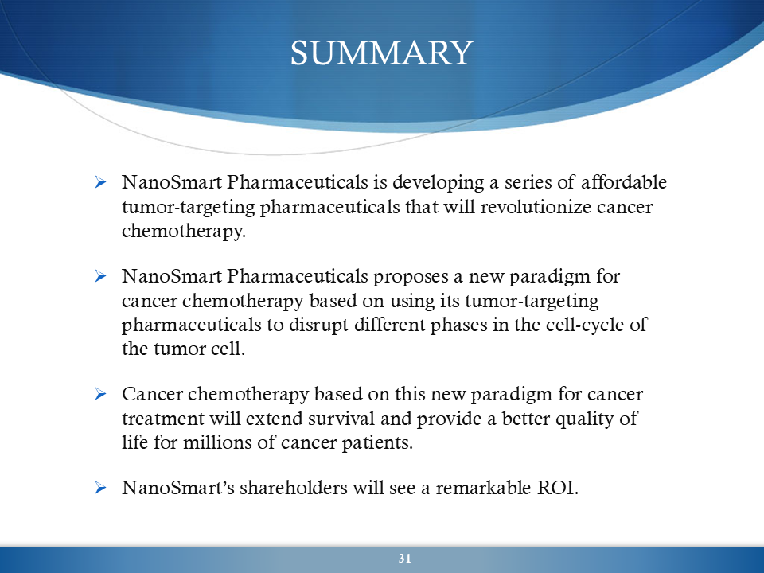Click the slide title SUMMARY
coord(381,53)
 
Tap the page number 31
coord(404,559)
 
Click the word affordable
coord(624,181)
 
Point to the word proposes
coord(411,277)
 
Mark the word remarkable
coord(483,488)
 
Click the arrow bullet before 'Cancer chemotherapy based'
coord(100,394)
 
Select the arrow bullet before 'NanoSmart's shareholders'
coord(100,487)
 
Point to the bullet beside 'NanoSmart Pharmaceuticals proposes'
coord(100,276)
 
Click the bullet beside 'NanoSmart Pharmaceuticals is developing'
coord(100,182)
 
